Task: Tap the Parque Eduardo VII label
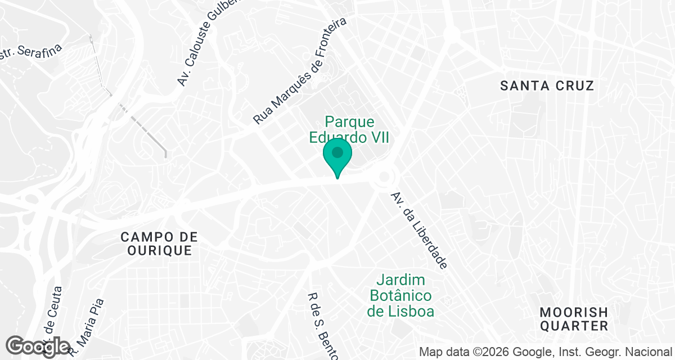coord(349,129)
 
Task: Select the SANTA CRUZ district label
coord(547,86)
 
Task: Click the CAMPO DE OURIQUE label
coord(159,244)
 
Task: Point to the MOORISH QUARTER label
coord(573,319)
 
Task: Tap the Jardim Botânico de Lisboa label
coord(400,295)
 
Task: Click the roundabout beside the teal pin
coord(384,178)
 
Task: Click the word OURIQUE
coord(159,251)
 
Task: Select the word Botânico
coord(400,295)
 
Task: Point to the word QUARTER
coord(573,326)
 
